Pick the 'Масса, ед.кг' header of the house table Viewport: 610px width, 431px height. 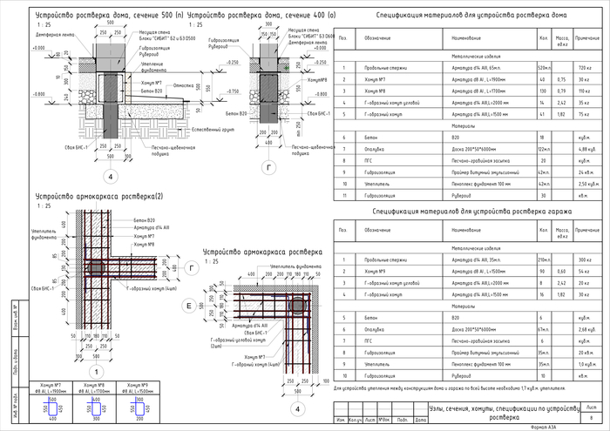(563, 37)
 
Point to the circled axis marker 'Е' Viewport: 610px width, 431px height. (187, 307)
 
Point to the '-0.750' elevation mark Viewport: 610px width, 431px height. (231, 91)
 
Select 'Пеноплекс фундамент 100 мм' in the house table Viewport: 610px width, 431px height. (484, 185)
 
